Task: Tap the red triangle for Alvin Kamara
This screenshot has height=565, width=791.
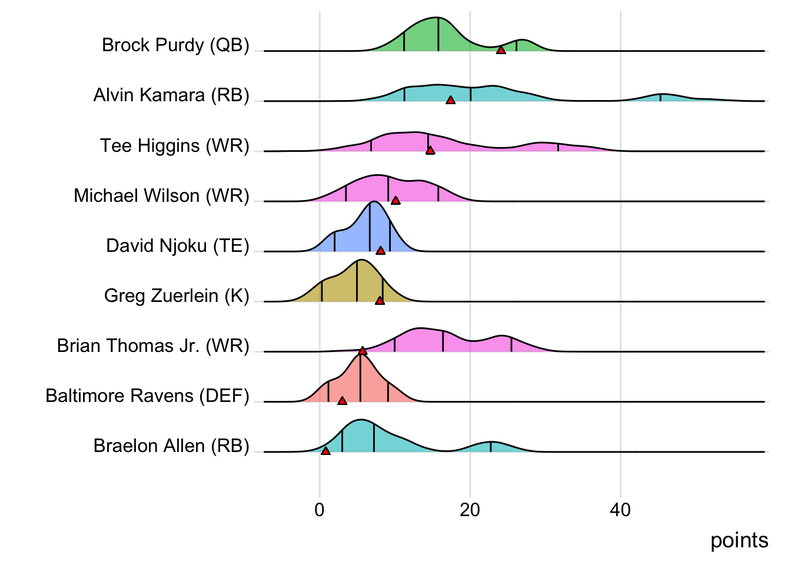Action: coord(450,101)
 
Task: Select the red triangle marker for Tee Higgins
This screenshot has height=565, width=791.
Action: coord(430,151)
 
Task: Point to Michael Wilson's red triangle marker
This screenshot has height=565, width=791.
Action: coord(395,201)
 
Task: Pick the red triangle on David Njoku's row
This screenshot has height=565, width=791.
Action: coord(381,251)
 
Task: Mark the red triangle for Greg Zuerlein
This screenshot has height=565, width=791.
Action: coord(380,301)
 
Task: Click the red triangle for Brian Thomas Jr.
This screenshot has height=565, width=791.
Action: coord(363,351)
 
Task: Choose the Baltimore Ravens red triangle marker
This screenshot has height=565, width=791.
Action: coord(342,401)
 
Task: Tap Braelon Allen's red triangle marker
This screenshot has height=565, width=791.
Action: coord(325,451)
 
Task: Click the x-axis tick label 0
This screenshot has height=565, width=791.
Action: coord(320,510)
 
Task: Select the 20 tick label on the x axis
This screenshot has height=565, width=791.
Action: coord(470,510)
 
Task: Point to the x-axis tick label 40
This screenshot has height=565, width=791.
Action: coord(620,510)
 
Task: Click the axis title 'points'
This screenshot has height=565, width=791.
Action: coord(739,540)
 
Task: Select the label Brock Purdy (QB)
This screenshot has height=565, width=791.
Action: coord(175,45)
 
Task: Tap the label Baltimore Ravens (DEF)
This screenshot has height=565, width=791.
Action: coord(147,395)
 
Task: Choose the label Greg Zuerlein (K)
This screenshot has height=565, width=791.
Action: coord(177,295)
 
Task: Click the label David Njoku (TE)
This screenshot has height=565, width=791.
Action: coord(178,245)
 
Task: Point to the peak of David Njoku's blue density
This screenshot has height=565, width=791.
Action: coord(372,202)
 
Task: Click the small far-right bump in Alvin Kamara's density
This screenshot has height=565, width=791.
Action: coord(660,95)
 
